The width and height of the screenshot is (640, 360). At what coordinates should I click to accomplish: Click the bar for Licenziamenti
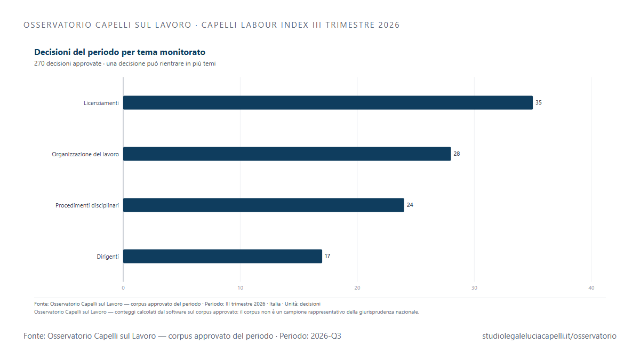click(x=328, y=102)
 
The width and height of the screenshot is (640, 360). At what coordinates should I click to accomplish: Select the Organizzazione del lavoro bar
click(x=287, y=154)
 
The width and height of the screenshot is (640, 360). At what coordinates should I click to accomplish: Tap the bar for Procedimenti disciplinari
click(x=263, y=205)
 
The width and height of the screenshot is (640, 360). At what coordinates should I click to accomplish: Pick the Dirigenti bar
click(x=223, y=257)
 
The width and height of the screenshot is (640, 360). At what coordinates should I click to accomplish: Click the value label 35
click(x=539, y=102)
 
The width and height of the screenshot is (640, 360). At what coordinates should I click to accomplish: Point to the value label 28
click(x=457, y=154)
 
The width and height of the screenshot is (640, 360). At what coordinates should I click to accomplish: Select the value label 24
click(x=410, y=205)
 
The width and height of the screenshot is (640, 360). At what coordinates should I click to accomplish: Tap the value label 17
click(x=327, y=256)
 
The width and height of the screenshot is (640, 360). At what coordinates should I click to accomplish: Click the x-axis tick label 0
click(x=123, y=287)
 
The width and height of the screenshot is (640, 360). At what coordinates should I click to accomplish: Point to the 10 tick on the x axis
click(x=241, y=287)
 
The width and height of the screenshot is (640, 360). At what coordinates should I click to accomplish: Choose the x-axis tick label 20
click(x=357, y=287)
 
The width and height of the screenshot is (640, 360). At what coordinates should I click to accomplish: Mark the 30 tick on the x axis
click(x=474, y=287)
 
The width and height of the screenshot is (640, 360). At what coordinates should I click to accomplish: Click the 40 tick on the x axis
click(x=591, y=287)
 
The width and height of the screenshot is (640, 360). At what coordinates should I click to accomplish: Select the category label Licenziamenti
click(x=101, y=103)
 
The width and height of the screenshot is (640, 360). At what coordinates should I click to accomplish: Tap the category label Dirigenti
click(x=108, y=257)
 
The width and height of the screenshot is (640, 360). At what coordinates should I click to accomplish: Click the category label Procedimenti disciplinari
click(x=87, y=205)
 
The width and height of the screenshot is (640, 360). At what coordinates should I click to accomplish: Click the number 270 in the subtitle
click(x=39, y=63)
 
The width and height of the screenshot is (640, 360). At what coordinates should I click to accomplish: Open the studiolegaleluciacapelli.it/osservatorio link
click(x=549, y=336)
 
